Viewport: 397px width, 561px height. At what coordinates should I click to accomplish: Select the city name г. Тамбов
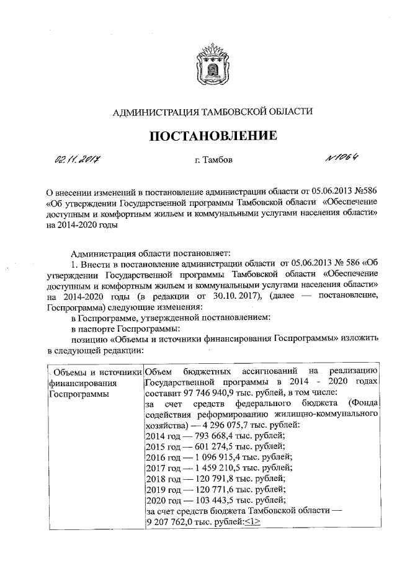[213, 161]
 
